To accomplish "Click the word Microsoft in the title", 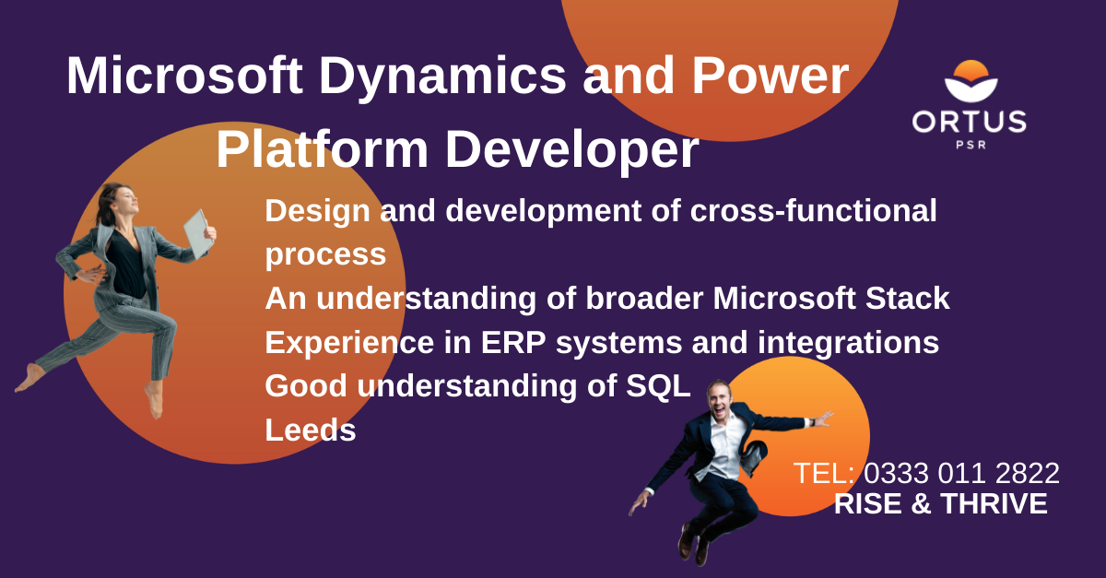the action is click(x=184, y=75).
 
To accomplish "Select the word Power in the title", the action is click(x=771, y=75).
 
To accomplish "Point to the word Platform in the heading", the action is click(x=323, y=149).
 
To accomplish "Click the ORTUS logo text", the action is click(x=970, y=122).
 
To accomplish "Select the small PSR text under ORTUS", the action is click(x=971, y=145).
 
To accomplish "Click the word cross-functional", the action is click(x=813, y=211).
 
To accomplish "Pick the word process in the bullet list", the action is click(x=325, y=256).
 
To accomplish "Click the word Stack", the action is click(x=908, y=299).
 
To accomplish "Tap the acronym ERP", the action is click(x=513, y=342).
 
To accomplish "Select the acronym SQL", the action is click(x=658, y=386).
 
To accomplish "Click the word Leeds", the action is click(x=311, y=430).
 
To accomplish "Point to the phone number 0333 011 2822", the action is click(x=961, y=473).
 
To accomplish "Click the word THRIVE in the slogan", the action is click(x=994, y=504).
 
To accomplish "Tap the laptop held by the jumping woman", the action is click(x=198, y=234).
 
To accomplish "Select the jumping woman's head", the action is click(x=120, y=203).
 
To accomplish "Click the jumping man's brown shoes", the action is click(x=693, y=545).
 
